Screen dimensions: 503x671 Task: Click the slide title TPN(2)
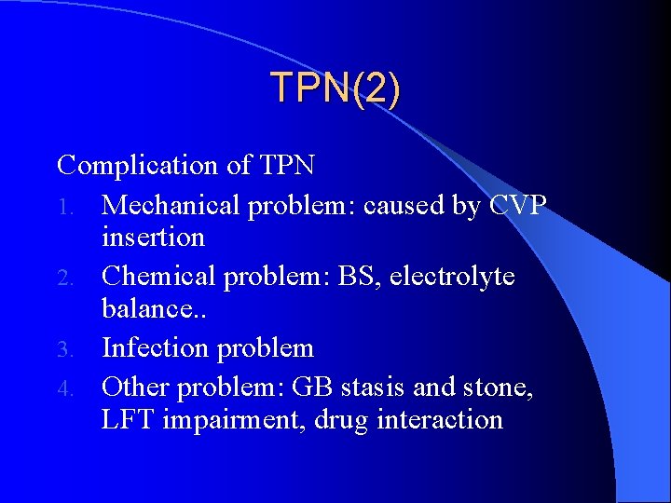pyautogui.click(x=335, y=88)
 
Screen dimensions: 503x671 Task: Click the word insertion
pyautogui.click(x=153, y=238)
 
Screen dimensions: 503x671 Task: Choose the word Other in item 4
pyautogui.click(x=135, y=385)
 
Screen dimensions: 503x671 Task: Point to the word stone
pyautogui.click(x=498, y=385)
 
